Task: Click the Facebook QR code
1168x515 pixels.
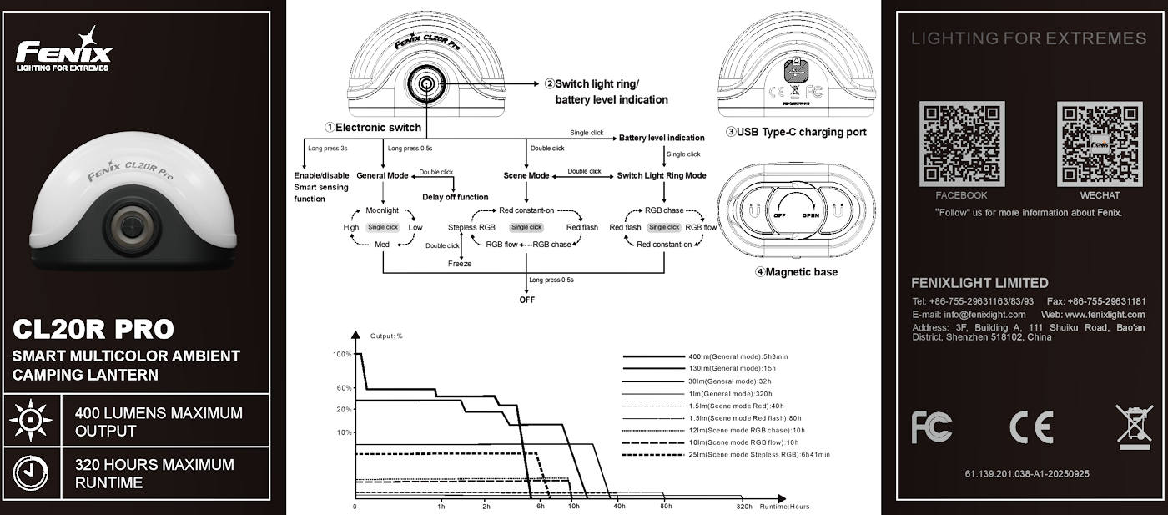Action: point(961,144)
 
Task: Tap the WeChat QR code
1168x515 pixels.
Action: point(1100,144)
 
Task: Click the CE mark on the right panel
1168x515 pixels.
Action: point(1031,427)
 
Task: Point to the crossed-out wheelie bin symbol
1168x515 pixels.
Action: point(1134,427)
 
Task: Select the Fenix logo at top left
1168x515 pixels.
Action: point(64,52)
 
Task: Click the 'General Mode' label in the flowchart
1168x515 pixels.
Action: point(382,176)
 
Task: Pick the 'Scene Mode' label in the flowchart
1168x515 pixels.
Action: point(526,176)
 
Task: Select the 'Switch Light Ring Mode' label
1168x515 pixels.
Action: point(661,176)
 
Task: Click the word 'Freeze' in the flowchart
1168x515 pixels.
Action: point(460,264)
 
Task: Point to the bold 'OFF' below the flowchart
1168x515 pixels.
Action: point(526,300)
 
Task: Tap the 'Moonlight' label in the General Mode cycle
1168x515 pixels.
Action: point(382,210)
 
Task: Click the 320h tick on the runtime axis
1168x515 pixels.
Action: point(744,507)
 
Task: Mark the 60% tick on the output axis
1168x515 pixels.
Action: point(345,388)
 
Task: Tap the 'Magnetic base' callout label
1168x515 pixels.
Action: point(796,272)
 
